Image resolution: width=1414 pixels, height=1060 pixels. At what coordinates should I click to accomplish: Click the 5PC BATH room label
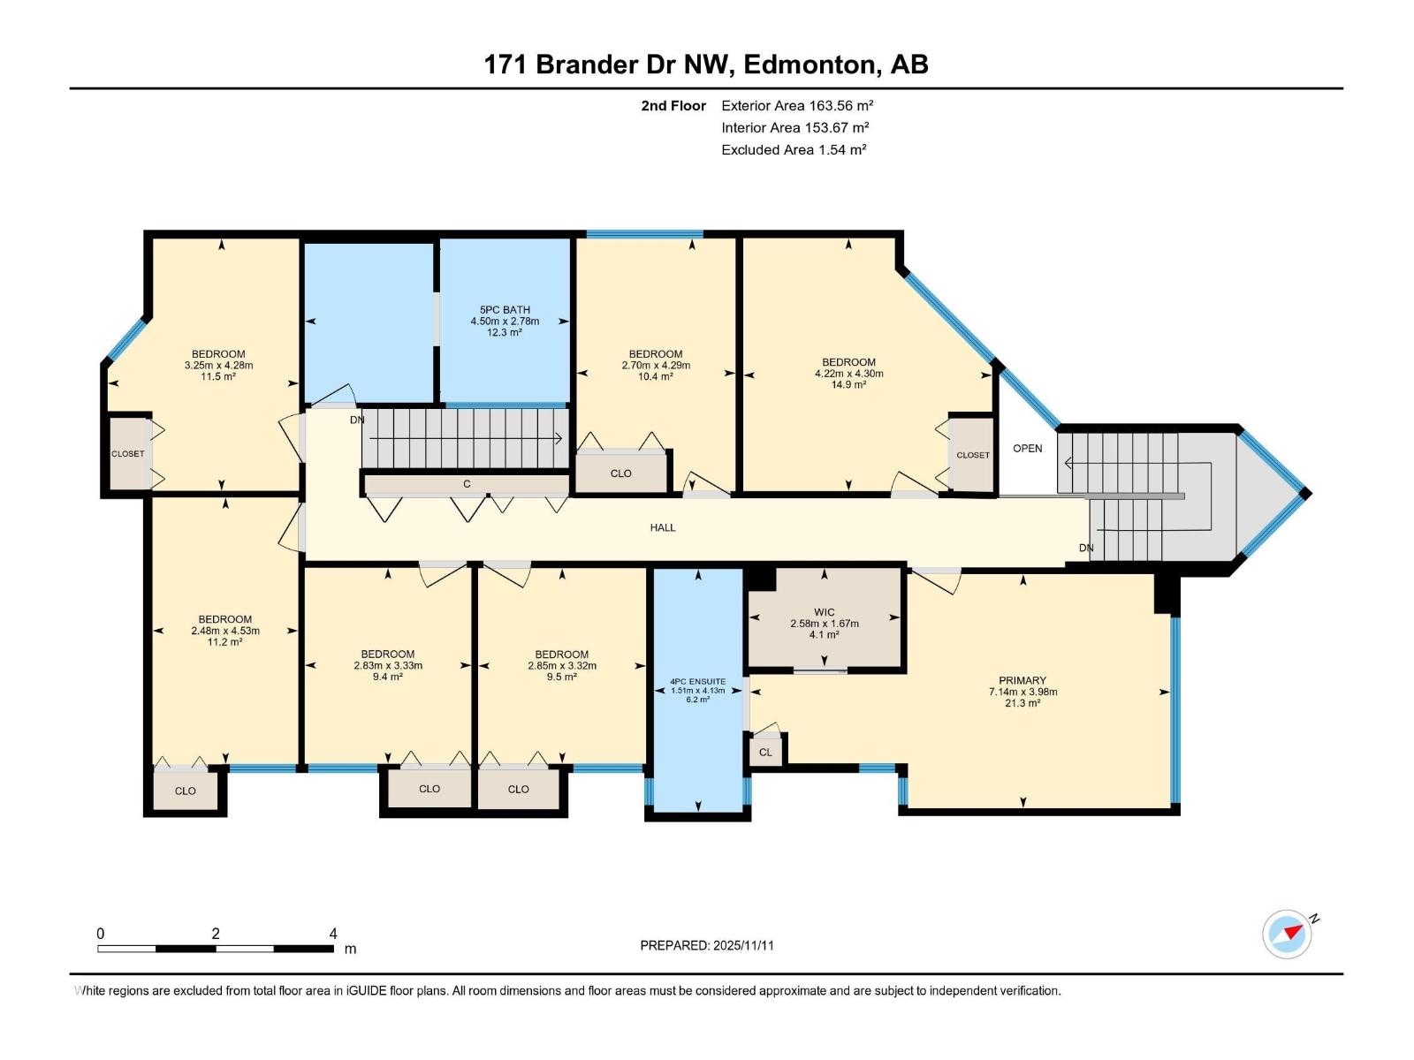click(505, 310)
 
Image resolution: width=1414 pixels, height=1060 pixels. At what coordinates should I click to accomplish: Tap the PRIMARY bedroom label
click(1022, 681)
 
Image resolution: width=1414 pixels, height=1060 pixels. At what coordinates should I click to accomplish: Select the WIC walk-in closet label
click(824, 612)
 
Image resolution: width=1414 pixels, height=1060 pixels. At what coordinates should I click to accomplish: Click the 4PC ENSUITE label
click(697, 682)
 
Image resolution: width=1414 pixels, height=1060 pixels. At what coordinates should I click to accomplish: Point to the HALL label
click(663, 527)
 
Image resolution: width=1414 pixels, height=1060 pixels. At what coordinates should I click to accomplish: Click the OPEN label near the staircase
click(1027, 449)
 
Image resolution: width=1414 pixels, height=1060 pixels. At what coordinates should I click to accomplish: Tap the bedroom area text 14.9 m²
click(848, 385)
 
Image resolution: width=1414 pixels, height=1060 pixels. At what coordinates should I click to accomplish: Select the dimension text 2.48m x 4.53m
click(225, 631)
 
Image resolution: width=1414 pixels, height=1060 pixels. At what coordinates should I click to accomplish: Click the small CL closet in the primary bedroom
click(765, 753)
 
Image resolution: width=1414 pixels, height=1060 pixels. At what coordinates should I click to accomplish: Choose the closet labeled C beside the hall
click(467, 484)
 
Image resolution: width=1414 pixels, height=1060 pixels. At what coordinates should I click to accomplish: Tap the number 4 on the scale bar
click(333, 934)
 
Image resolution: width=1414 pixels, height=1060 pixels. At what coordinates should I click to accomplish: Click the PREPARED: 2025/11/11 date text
click(707, 945)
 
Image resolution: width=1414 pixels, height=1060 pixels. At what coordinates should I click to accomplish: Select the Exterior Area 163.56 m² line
click(797, 105)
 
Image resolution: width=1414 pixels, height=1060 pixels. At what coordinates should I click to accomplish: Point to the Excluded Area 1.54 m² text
click(794, 150)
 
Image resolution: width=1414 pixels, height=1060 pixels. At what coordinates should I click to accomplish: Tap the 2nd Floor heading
click(673, 106)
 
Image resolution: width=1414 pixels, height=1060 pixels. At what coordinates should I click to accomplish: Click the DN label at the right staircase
click(1086, 549)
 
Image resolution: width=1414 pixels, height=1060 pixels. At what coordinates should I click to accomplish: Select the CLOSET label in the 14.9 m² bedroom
click(973, 456)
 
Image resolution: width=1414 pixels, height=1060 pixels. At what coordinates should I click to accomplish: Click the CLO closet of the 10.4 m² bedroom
click(621, 473)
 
